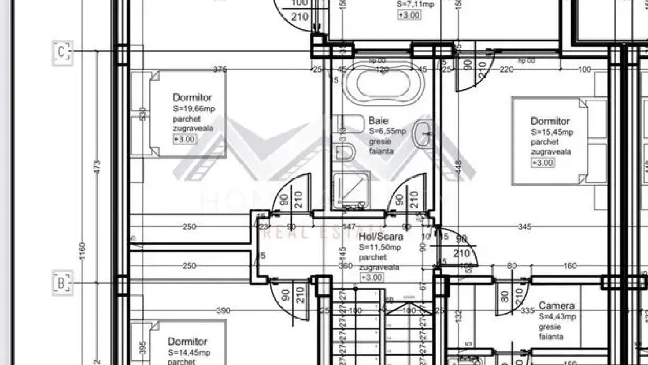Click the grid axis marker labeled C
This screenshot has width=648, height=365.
click(x=62, y=53)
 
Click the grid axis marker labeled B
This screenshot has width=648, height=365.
click(x=62, y=283)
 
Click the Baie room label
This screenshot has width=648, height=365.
click(x=378, y=120)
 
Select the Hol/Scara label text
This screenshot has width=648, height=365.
click(x=381, y=237)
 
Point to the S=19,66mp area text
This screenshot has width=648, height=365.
click(x=193, y=109)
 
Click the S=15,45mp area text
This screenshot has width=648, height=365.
click(x=552, y=132)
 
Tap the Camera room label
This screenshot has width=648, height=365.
click(x=556, y=306)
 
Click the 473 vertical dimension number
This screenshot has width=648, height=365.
click(x=98, y=168)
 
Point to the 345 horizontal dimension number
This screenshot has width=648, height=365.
click(x=524, y=226)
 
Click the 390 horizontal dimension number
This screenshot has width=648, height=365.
click(x=223, y=310)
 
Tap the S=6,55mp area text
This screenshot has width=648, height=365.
click(x=387, y=131)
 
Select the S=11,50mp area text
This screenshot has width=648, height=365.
click(x=380, y=247)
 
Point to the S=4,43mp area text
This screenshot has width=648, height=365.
click(x=557, y=317)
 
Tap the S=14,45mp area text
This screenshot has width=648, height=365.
click(x=189, y=352)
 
